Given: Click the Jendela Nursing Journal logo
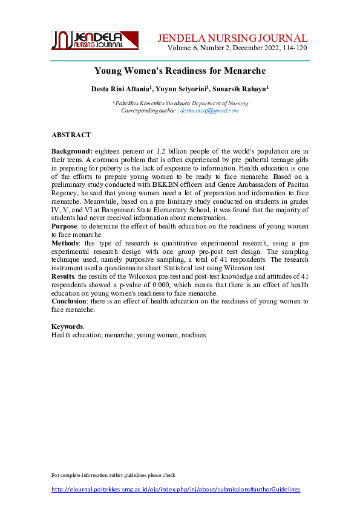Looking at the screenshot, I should pyautogui.click(x=94, y=40).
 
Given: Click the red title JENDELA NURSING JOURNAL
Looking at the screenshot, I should pyautogui.click(x=232, y=37).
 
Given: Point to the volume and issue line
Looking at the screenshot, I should pyautogui.click(x=238, y=47).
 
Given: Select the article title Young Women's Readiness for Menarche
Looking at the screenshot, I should pyautogui.click(x=180, y=71).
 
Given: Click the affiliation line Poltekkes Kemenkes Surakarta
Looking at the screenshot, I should pyautogui.click(x=180, y=103).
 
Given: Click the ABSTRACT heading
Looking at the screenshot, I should pyautogui.click(x=71, y=135).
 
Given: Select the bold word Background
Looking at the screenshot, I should pyautogui.click(x=71, y=151).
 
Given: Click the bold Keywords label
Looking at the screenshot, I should pyautogui.click(x=67, y=326).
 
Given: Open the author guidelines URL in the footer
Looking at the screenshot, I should pyautogui.click(x=175, y=489).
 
